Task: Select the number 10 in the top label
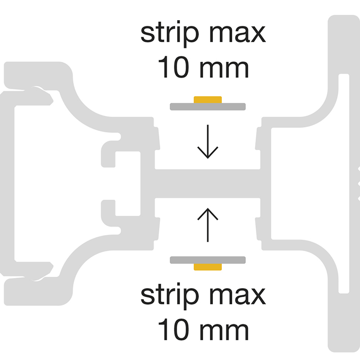(x=173, y=68)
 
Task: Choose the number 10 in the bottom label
(x=173, y=330)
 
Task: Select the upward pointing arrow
(x=207, y=224)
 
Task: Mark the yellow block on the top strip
(x=208, y=99)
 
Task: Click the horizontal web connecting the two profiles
(x=207, y=183)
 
